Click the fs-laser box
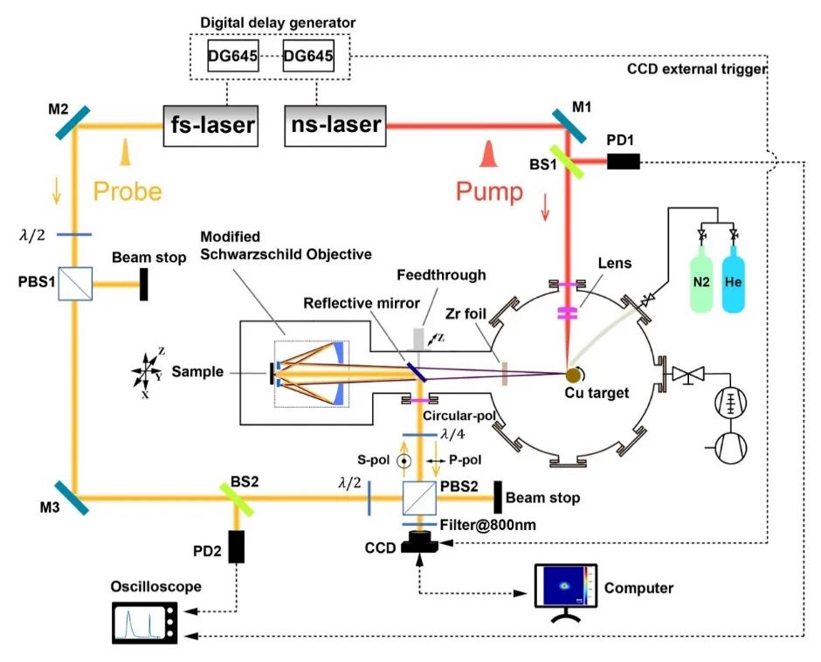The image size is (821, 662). click(210, 127)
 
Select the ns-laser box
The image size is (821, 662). click(335, 126)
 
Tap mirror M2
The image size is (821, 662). click(73, 122)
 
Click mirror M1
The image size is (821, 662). click(569, 127)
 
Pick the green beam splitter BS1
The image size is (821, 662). click(566, 162)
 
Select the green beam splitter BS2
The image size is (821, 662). click(236, 499)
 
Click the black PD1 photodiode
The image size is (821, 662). click(623, 162)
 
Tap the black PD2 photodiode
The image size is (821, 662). click(236, 546)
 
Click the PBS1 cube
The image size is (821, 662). click(75, 284)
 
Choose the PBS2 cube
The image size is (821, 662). click(419, 498)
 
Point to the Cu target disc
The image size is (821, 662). click(573, 375)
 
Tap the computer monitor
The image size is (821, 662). click(565, 586)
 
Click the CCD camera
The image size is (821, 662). click(419, 542)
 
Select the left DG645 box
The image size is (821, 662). click(232, 56)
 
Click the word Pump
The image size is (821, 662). click(489, 190)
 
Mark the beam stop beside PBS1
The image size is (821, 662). click(143, 285)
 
